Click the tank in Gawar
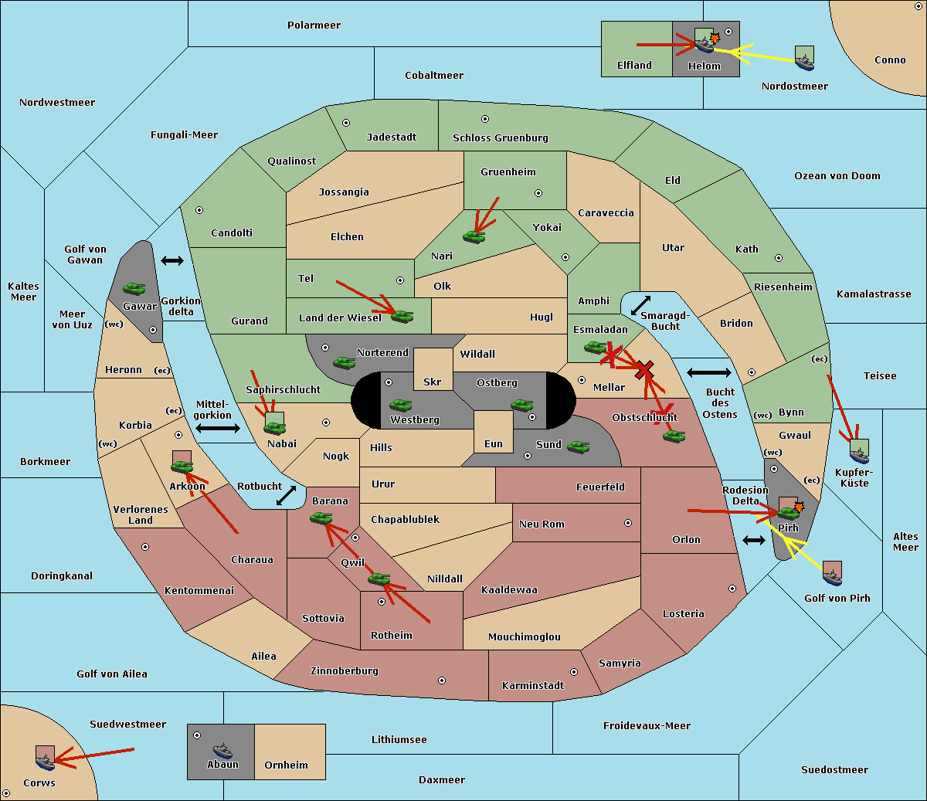[134, 288]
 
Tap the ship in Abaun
[223, 750]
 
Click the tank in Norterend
[344, 362]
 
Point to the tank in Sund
[578, 446]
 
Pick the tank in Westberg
[400, 405]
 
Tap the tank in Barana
[321, 518]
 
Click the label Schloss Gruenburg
[501, 137]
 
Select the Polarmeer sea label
[314, 25]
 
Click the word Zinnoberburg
[345, 671]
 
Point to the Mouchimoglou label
[525, 636]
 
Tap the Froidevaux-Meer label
[647, 725]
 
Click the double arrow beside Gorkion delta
[172, 260]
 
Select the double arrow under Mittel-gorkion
[218, 428]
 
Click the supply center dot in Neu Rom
[628, 523]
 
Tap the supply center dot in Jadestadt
[346, 123]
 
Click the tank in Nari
[474, 236]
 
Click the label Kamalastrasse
[874, 294]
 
